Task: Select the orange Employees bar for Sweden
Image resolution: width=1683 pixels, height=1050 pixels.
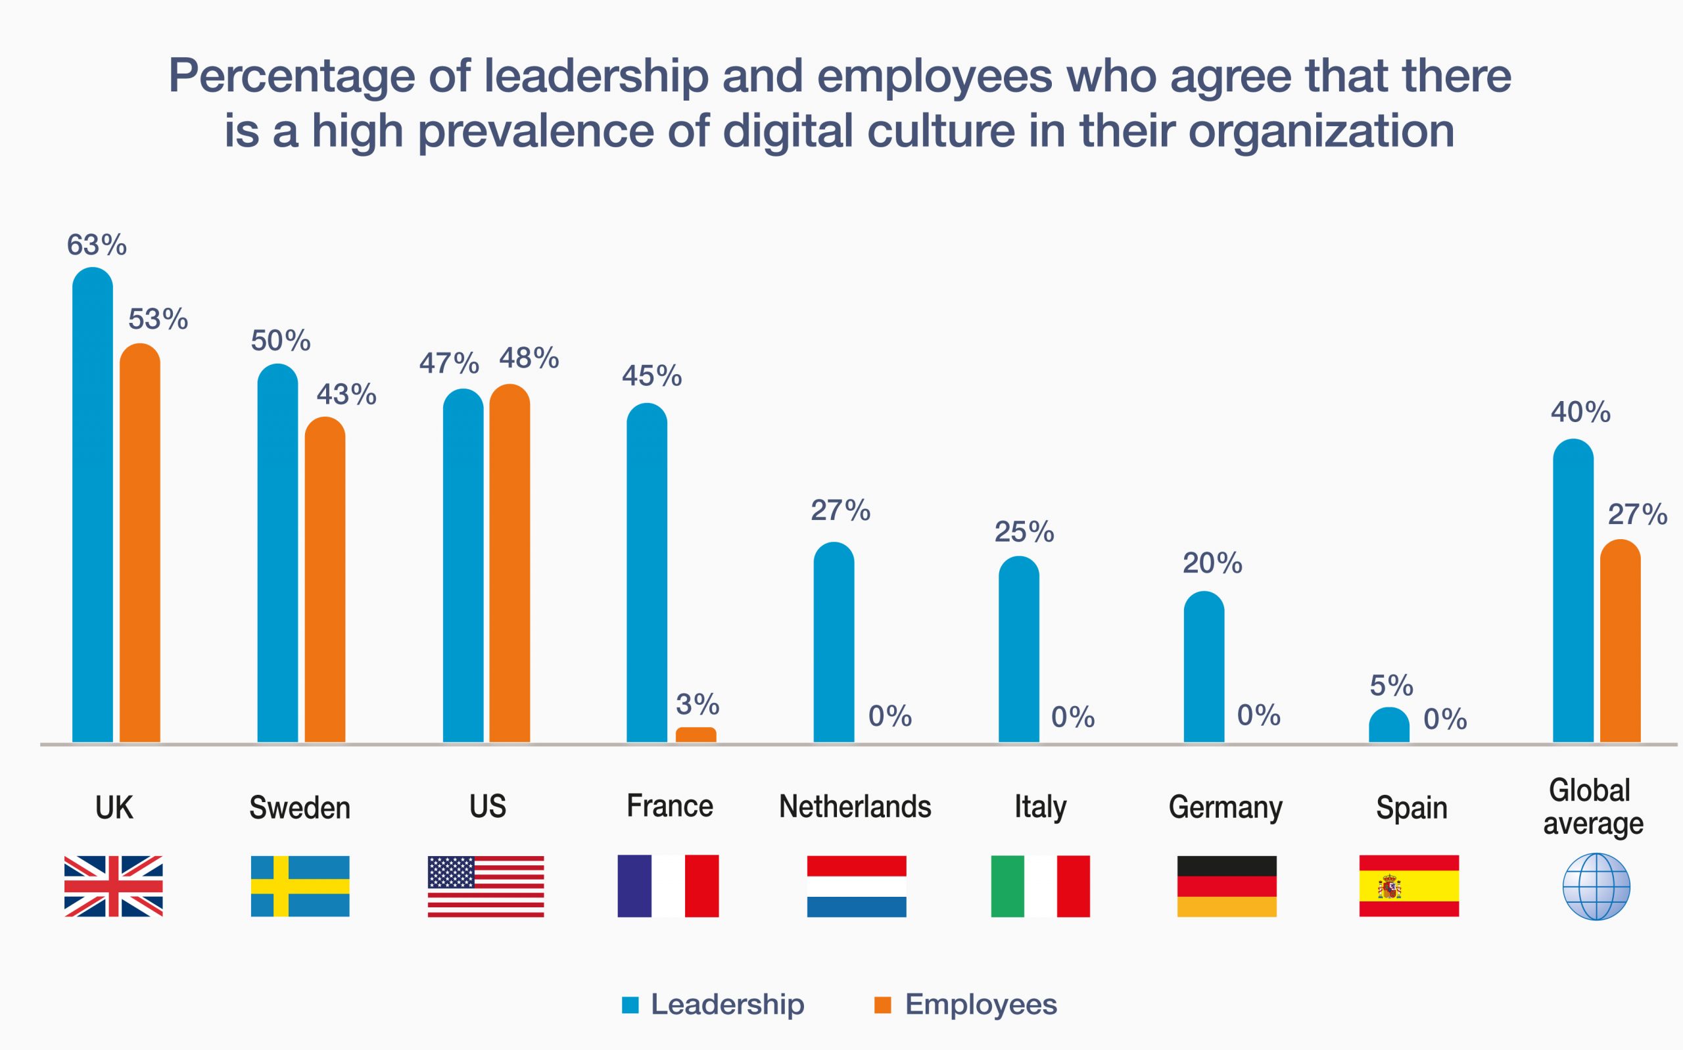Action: (325, 580)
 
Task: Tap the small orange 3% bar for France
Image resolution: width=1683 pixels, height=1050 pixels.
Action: (696, 734)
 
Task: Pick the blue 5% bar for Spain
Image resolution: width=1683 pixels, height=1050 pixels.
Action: (1388, 725)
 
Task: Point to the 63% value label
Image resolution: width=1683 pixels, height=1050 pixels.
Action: (97, 245)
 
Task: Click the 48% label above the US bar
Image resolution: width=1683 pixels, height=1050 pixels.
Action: (529, 358)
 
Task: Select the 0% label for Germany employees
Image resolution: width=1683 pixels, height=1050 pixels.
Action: (1258, 715)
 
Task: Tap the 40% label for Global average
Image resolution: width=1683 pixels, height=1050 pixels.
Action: (1580, 412)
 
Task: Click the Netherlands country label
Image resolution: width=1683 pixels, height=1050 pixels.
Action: (855, 807)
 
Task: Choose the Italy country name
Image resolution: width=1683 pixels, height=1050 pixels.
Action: (1039, 807)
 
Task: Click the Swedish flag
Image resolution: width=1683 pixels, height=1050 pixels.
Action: (300, 886)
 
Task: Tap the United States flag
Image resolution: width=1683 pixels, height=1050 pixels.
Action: (485, 886)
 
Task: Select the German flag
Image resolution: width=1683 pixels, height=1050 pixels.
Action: (1227, 886)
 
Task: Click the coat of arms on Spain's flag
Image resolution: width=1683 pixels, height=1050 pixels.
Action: (1389, 887)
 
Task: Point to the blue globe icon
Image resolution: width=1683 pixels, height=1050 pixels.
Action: (1596, 887)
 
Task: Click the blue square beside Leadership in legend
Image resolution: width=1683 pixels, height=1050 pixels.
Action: (630, 1005)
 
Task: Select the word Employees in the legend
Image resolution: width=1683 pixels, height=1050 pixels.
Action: (980, 1004)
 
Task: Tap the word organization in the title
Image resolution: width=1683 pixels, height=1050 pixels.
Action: (1321, 131)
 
